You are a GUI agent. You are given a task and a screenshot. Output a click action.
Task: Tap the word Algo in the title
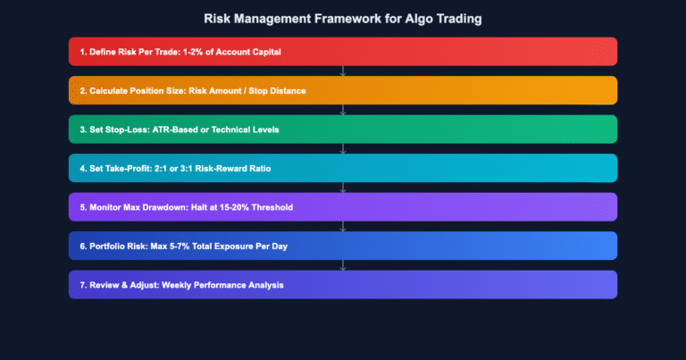[414, 17]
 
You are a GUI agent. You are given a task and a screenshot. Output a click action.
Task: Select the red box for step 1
[343, 51]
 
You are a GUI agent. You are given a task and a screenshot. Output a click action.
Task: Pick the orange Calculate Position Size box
[343, 90]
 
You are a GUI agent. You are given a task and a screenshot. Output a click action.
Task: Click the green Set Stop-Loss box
[343, 130]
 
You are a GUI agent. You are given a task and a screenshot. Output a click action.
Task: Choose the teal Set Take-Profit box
[343, 168]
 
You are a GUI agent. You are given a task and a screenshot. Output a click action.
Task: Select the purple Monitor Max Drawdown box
[343, 207]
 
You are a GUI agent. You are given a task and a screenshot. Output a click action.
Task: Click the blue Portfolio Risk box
[343, 246]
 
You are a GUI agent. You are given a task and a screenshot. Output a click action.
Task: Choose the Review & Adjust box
[343, 285]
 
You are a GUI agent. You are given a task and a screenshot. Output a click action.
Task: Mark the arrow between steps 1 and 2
[343, 71]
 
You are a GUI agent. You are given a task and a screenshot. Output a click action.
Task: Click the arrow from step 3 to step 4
[343, 149]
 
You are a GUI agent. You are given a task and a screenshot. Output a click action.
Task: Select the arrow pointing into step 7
[343, 265]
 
